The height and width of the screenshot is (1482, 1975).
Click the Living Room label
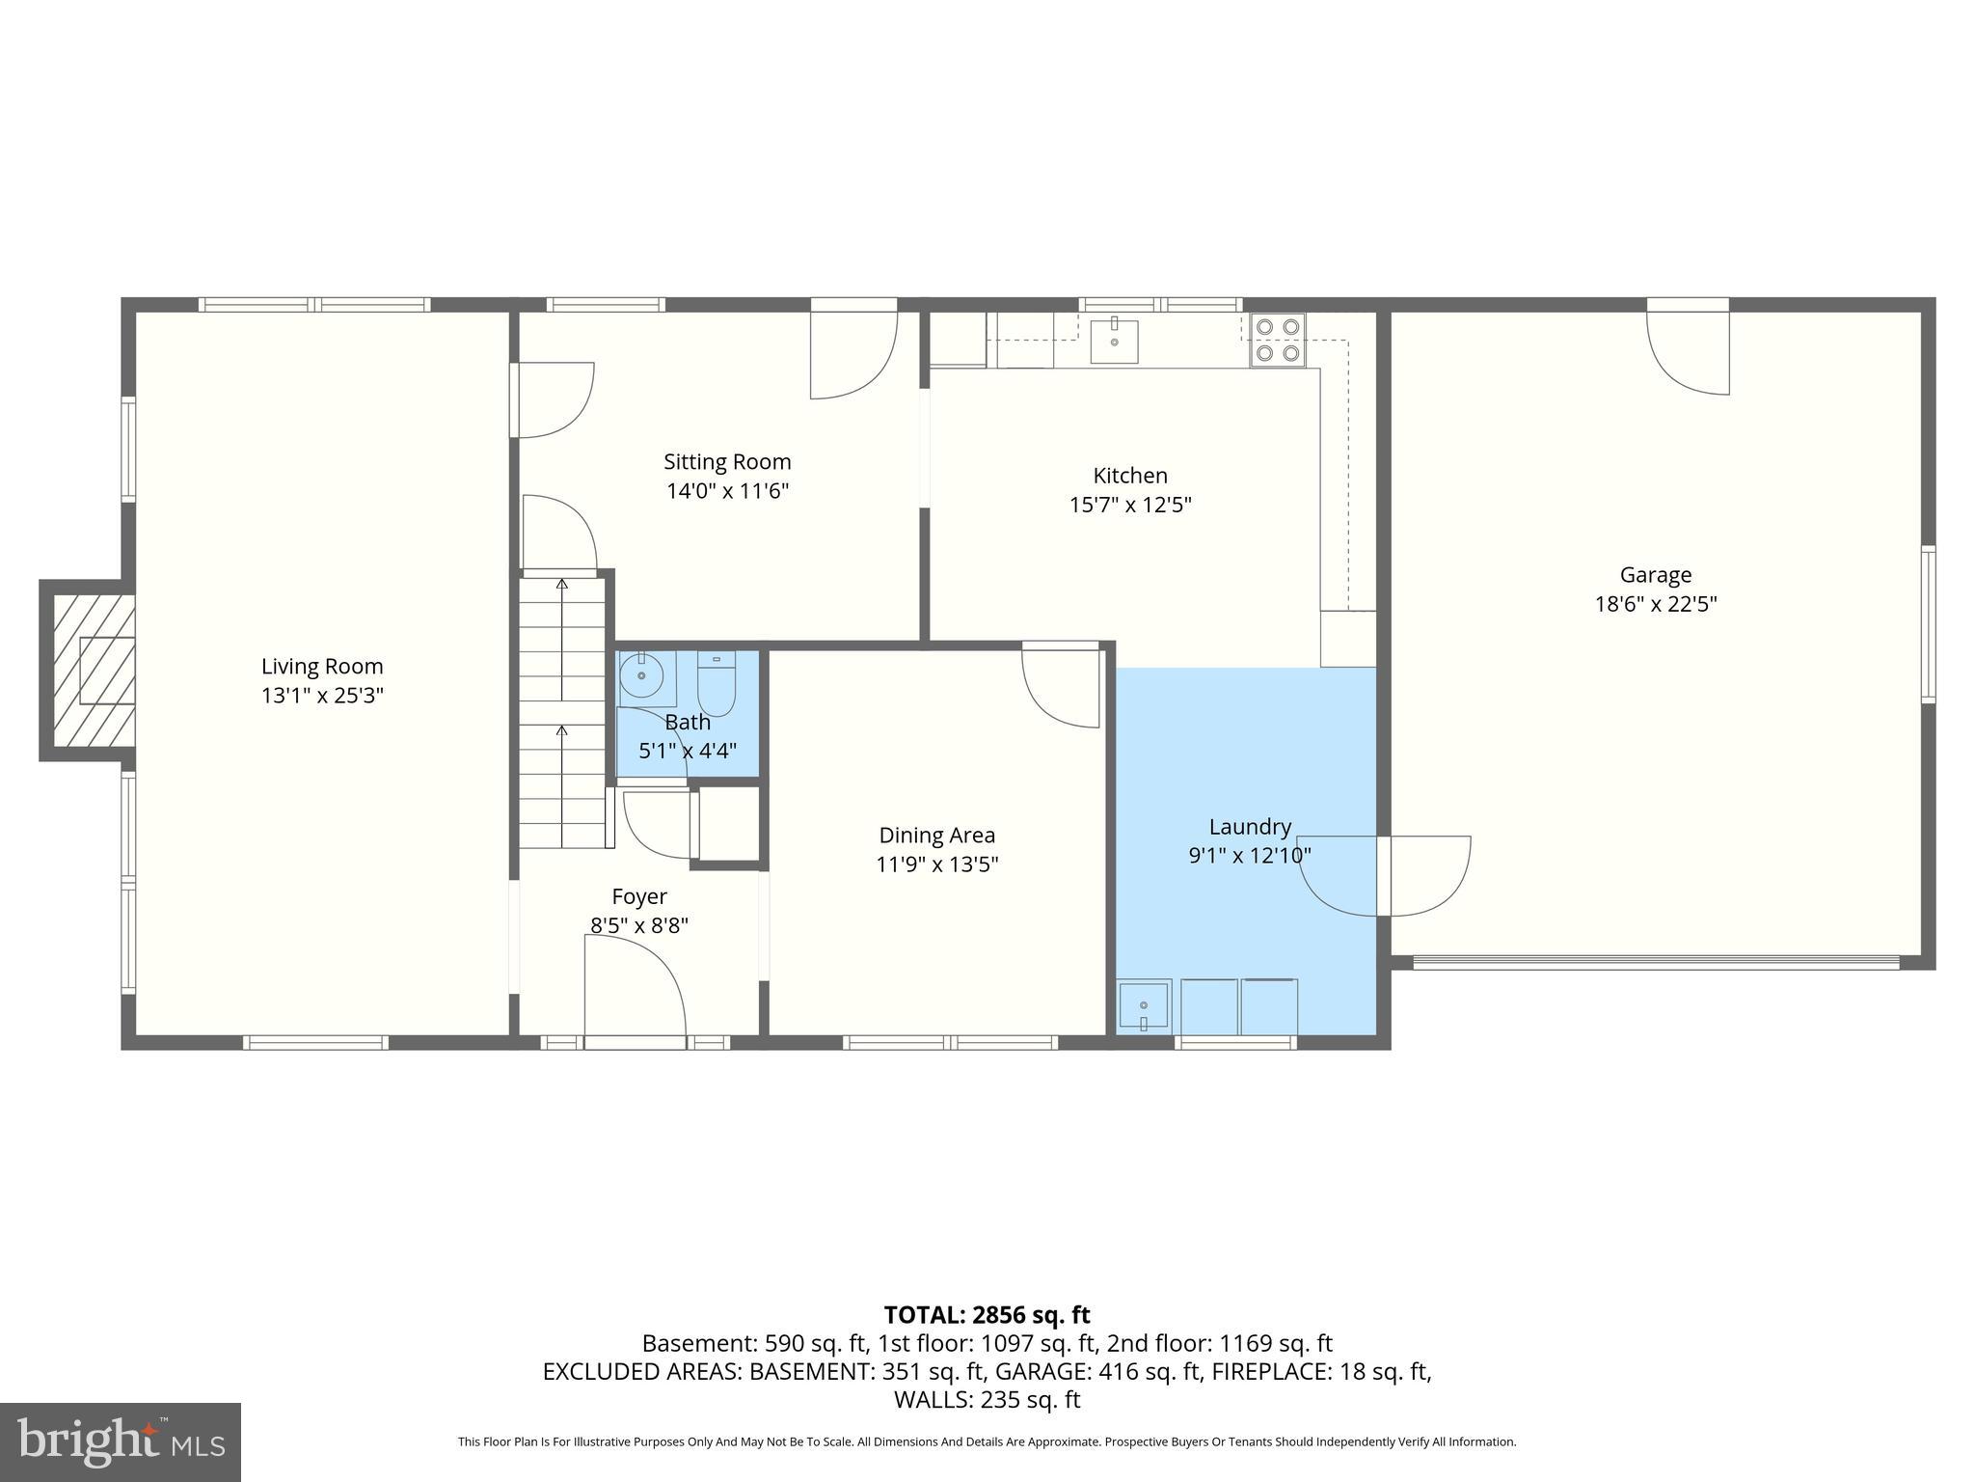[x=322, y=667]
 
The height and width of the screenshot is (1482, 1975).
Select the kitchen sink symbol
[x=1114, y=342]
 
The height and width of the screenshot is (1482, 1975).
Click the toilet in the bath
[x=716, y=683]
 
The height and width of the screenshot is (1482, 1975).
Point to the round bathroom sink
[x=639, y=675]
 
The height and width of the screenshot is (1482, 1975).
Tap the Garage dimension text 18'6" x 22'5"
[x=1655, y=605]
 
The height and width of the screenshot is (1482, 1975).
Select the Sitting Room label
[x=727, y=462]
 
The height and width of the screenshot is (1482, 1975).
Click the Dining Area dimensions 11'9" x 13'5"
[x=936, y=864]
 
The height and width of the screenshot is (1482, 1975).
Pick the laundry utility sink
[x=1144, y=1006]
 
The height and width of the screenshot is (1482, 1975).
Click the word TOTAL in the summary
[x=924, y=1315]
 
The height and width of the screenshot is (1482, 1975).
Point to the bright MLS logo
[x=121, y=1441]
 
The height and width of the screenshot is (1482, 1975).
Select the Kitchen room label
[x=1130, y=476]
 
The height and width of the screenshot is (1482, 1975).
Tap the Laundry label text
[x=1250, y=827]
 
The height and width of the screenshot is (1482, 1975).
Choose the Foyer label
[x=639, y=897]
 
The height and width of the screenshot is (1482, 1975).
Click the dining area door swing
[x=1062, y=687]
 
